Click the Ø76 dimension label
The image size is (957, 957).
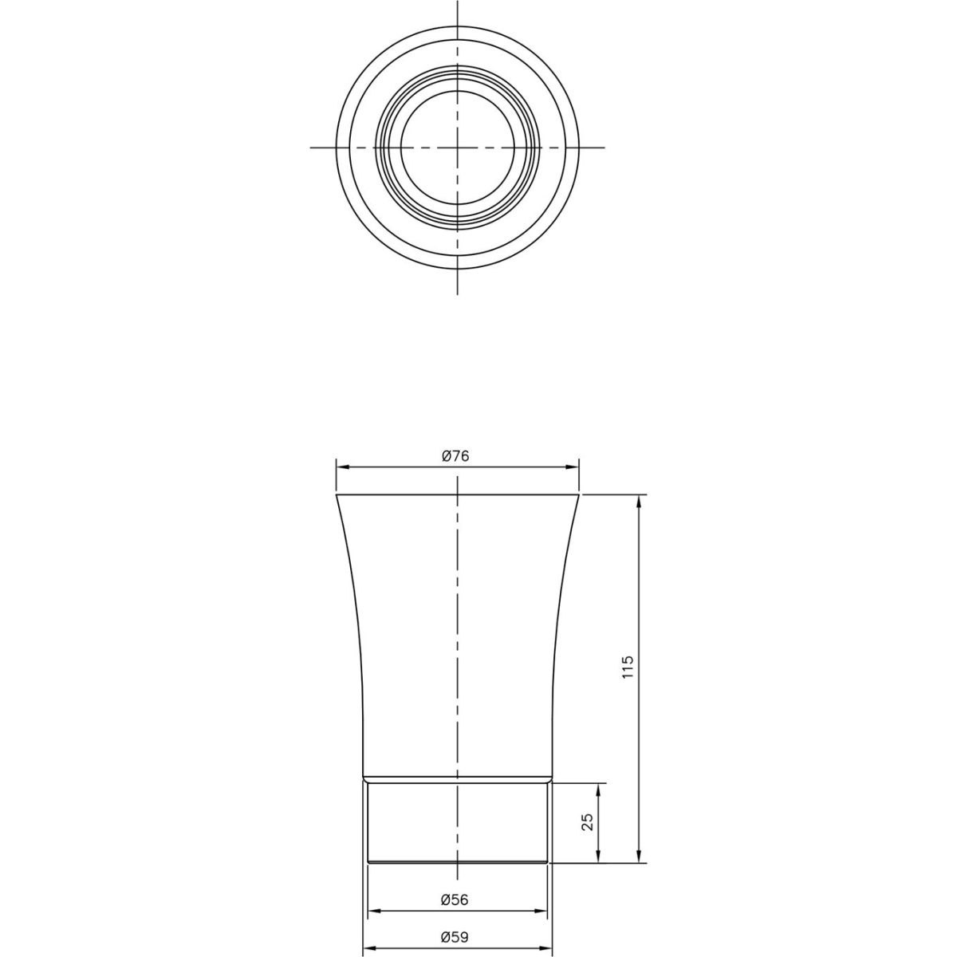455,456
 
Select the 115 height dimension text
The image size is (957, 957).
628,668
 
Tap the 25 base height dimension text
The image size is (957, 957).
588,822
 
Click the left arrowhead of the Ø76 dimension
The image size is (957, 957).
343,467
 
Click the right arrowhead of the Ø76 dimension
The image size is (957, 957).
573,467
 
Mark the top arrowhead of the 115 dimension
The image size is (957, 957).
639,502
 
